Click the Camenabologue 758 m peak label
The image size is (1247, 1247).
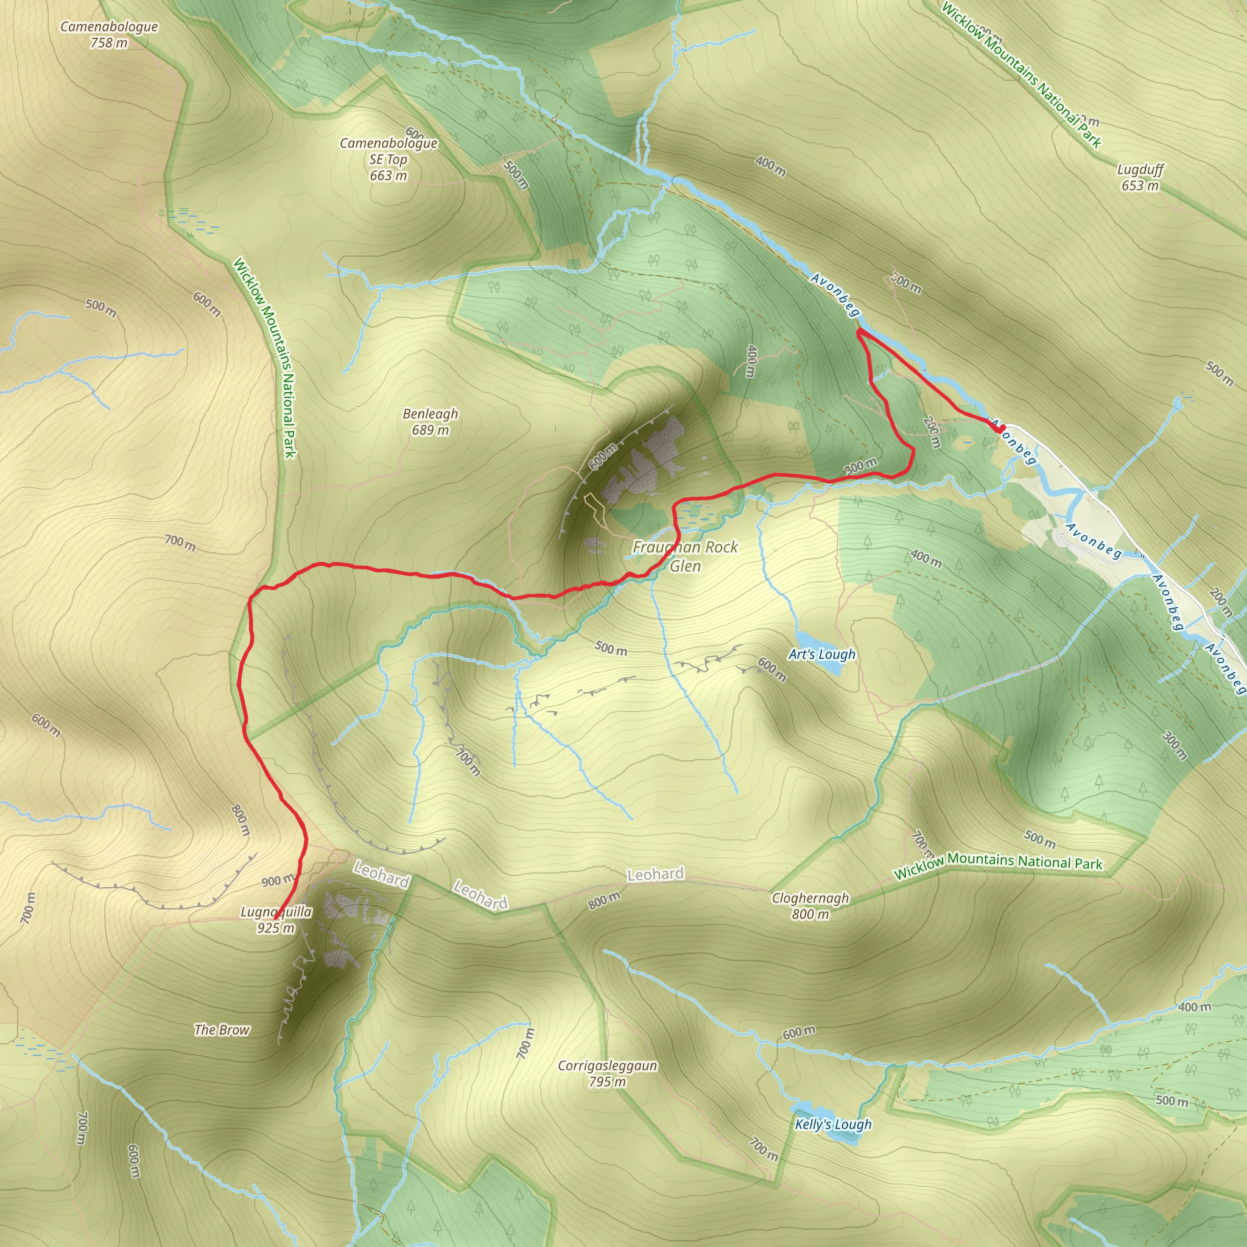109,35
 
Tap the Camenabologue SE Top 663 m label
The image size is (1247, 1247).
388,160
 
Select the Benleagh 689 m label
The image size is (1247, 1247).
430,421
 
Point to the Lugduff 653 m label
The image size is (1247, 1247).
1140,178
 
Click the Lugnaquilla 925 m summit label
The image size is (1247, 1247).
276,920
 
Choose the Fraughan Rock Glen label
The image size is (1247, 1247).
685,557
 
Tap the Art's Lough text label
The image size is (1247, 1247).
821,655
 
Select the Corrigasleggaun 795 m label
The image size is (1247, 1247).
607,1073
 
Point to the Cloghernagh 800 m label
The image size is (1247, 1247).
810,905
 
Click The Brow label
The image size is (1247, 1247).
222,1030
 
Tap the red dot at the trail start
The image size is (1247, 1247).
1001,428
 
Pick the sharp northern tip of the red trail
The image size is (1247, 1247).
859,331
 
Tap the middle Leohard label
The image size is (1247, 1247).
481,894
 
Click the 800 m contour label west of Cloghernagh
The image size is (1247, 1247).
604,899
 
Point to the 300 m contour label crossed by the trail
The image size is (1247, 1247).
860,465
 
